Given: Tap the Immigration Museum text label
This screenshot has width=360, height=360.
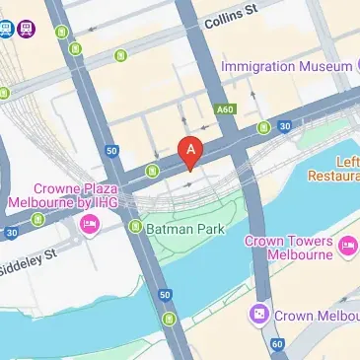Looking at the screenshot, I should point(283,66).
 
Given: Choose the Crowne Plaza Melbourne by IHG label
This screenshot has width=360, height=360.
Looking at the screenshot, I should point(76,194).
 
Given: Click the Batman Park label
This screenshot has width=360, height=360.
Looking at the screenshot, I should point(185,229).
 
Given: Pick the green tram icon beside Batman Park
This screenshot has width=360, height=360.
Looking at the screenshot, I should point(135,227).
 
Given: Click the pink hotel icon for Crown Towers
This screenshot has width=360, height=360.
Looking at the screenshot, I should point(346,245).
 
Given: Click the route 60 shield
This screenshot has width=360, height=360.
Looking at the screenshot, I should point(277,343).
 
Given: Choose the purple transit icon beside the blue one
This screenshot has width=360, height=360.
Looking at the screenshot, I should point(26,29).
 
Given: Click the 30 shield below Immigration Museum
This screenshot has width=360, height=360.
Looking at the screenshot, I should point(284,126).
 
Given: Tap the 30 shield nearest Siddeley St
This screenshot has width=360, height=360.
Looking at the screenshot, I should point(11,234).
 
